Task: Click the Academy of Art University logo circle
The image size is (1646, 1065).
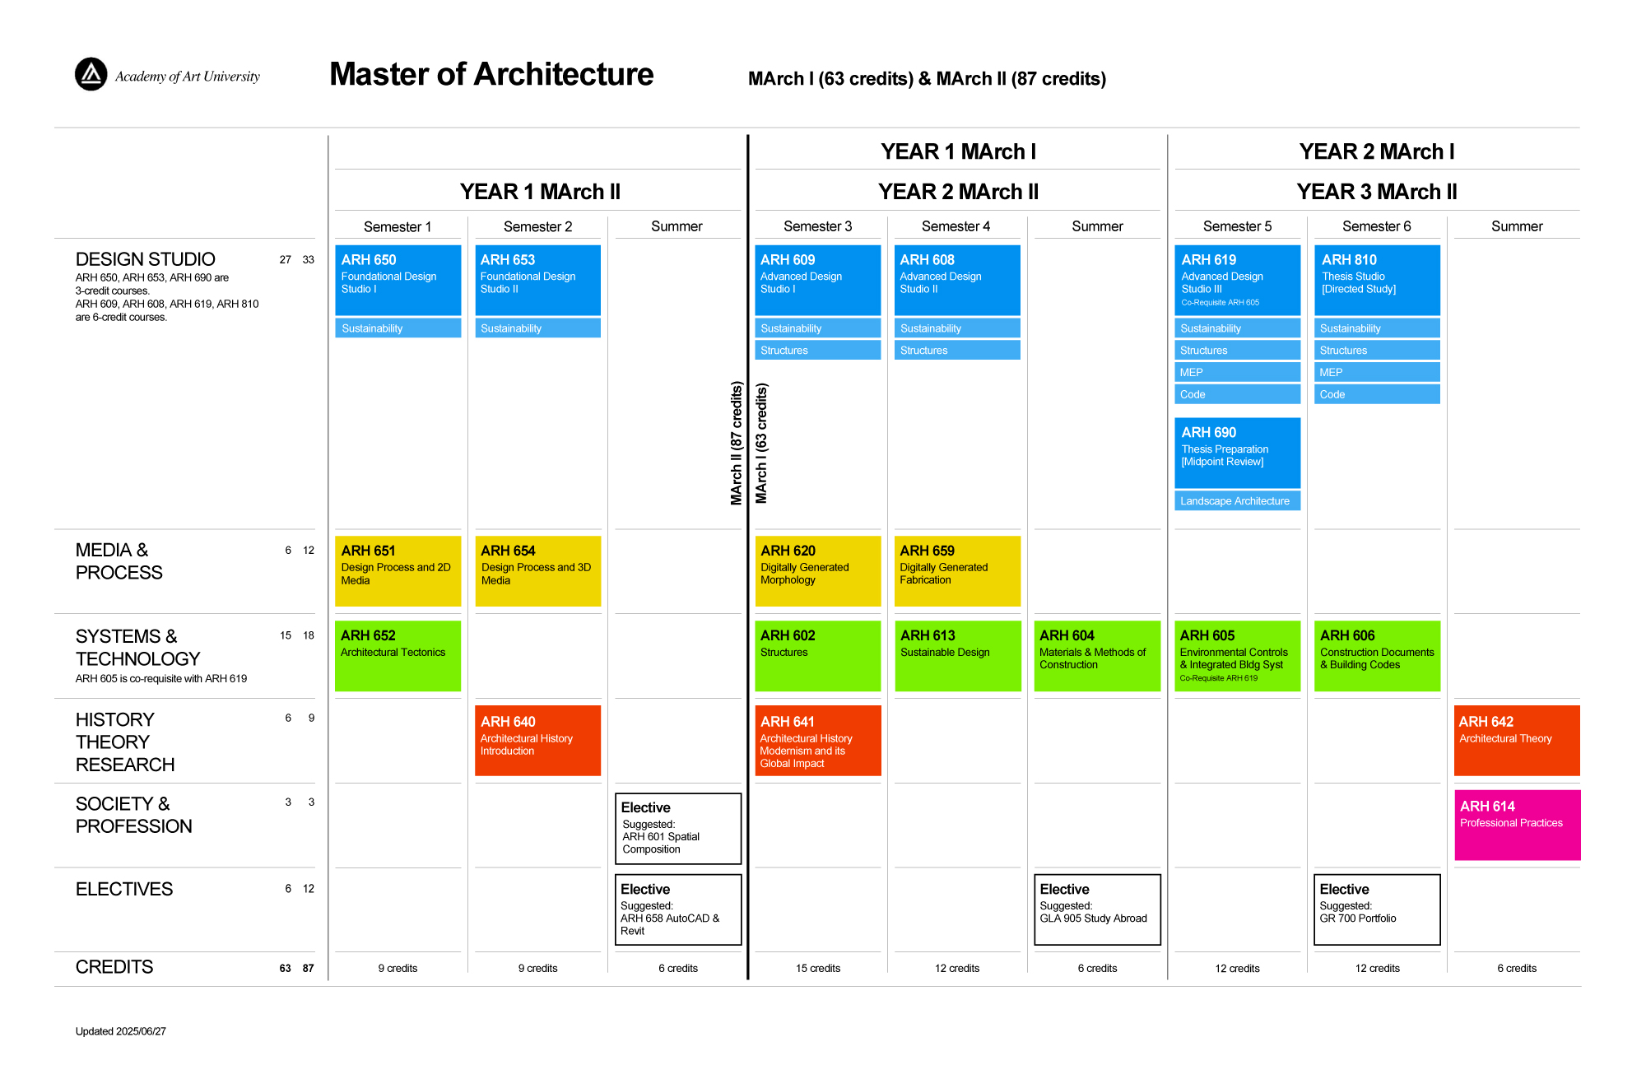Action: click(91, 74)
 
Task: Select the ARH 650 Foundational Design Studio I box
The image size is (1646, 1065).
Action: click(398, 280)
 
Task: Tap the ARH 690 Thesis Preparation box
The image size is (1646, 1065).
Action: click(1238, 453)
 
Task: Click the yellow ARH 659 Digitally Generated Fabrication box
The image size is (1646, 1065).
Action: click(958, 571)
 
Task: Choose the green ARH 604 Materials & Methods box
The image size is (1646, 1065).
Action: click(1098, 656)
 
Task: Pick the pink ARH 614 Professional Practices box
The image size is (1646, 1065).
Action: click(1518, 825)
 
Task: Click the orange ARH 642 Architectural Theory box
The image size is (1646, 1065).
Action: click(1518, 741)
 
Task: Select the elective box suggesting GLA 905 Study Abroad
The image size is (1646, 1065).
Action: click(1098, 909)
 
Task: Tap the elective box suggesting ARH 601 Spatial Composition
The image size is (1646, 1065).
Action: click(678, 829)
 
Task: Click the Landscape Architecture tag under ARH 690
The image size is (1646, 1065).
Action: click(1238, 501)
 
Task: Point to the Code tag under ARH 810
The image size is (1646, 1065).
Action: click(1378, 395)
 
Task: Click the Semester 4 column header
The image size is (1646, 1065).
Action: click(956, 226)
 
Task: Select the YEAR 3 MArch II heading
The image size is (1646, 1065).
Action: click(1377, 192)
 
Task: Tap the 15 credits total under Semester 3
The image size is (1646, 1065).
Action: click(818, 969)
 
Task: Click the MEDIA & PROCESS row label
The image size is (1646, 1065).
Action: click(119, 561)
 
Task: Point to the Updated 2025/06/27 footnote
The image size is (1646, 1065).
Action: click(121, 1031)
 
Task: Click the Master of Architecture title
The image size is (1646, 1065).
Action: click(491, 74)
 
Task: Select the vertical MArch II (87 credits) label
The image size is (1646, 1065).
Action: click(737, 443)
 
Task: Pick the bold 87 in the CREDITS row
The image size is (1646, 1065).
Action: click(308, 969)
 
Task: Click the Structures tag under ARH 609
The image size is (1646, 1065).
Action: click(818, 351)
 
